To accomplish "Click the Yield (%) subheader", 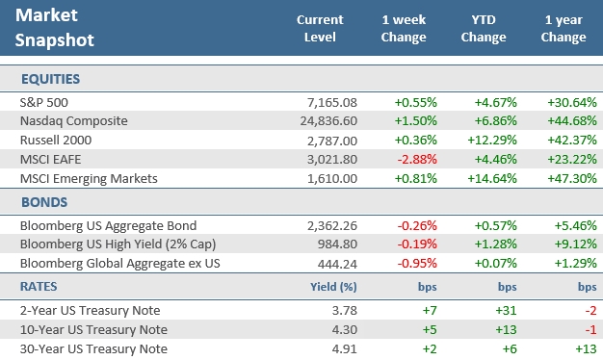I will [x=335, y=287].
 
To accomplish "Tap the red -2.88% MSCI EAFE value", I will [x=406, y=160].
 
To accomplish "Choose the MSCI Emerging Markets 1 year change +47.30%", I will [x=564, y=179].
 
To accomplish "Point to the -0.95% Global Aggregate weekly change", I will [x=406, y=265].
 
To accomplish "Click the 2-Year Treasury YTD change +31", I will [x=498, y=310].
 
